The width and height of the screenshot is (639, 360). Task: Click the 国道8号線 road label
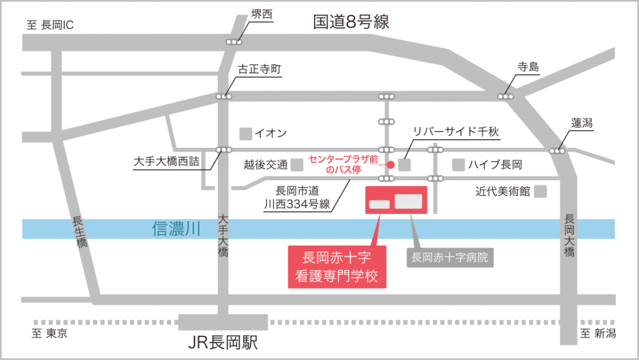point(351,22)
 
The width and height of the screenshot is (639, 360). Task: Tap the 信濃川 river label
point(176,229)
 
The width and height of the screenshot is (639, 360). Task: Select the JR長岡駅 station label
point(223,343)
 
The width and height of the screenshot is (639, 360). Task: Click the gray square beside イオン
point(245,134)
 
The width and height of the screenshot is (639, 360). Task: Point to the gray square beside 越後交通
point(296,165)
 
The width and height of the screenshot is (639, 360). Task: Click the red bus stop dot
point(391,165)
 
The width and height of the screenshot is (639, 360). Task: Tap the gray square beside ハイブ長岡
point(459,165)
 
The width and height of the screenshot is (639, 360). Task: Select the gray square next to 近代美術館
point(540,192)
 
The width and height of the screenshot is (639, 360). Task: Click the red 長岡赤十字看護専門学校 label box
point(337,267)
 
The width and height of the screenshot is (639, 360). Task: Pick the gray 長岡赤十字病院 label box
point(450,258)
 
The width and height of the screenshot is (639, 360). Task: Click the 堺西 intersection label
point(261,14)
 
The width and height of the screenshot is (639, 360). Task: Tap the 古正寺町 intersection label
point(260,69)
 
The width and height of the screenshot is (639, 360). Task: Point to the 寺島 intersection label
point(528,67)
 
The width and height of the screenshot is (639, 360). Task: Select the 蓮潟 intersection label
point(582,123)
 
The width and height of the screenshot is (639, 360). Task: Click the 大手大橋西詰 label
point(167,162)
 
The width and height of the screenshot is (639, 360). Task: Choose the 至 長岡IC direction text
point(50,25)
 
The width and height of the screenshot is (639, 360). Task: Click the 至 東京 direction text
point(50,334)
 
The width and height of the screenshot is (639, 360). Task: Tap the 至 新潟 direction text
point(598,334)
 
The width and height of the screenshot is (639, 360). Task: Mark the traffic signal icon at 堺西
point(234,42)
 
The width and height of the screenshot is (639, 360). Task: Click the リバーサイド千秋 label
point(456,132)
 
